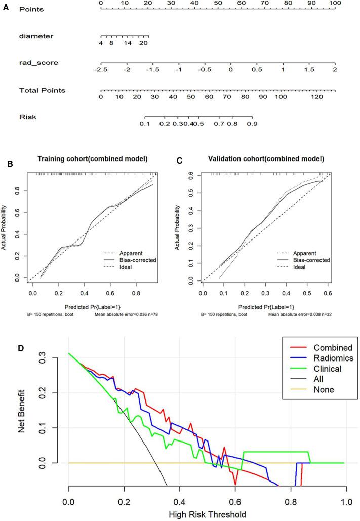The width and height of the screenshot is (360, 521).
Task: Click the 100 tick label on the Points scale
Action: pyautogui.click(x=335, y=3)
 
